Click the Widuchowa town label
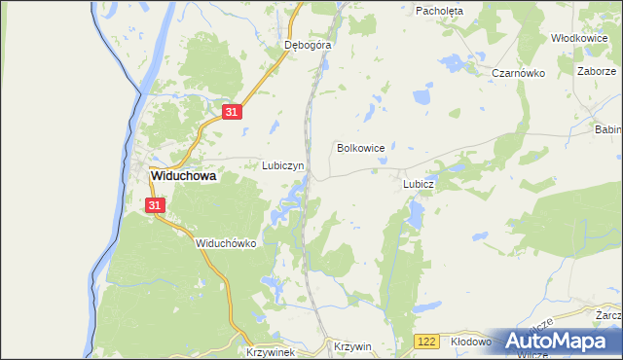[x=182, y=177]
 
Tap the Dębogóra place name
[x=308, y=45]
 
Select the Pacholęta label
[x=440, y=11]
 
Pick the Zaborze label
[x=596, y=71]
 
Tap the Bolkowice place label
[x=360, y=148]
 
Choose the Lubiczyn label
[x=283, y=165]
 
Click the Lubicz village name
[x=418, y=183]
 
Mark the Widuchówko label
[x=225, y=243]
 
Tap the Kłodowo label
[x=473, y=342]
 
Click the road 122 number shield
[x=423, y=342]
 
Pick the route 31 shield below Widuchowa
[x=156, y=205]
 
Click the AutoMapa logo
[x=558, y=342]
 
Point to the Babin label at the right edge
[x=608, y=128]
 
